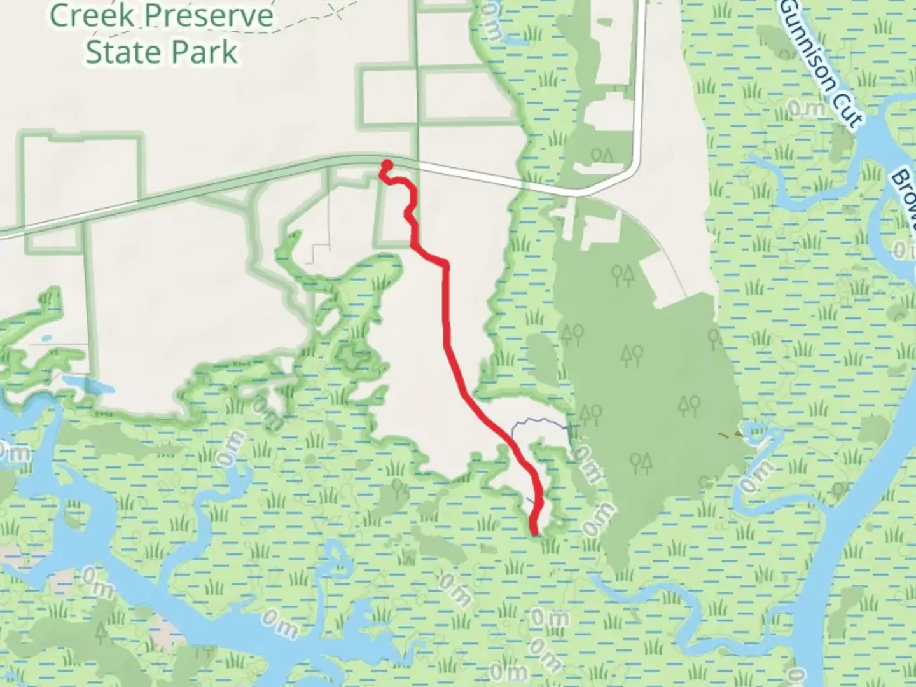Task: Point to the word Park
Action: (206, 52)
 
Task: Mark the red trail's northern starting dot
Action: (386, 166)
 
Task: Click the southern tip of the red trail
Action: (534, 532)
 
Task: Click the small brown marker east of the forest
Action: (727, 436)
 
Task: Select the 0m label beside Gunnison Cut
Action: (807, 109)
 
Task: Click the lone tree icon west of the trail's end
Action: (399, 488)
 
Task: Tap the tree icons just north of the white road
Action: (602, 155)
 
